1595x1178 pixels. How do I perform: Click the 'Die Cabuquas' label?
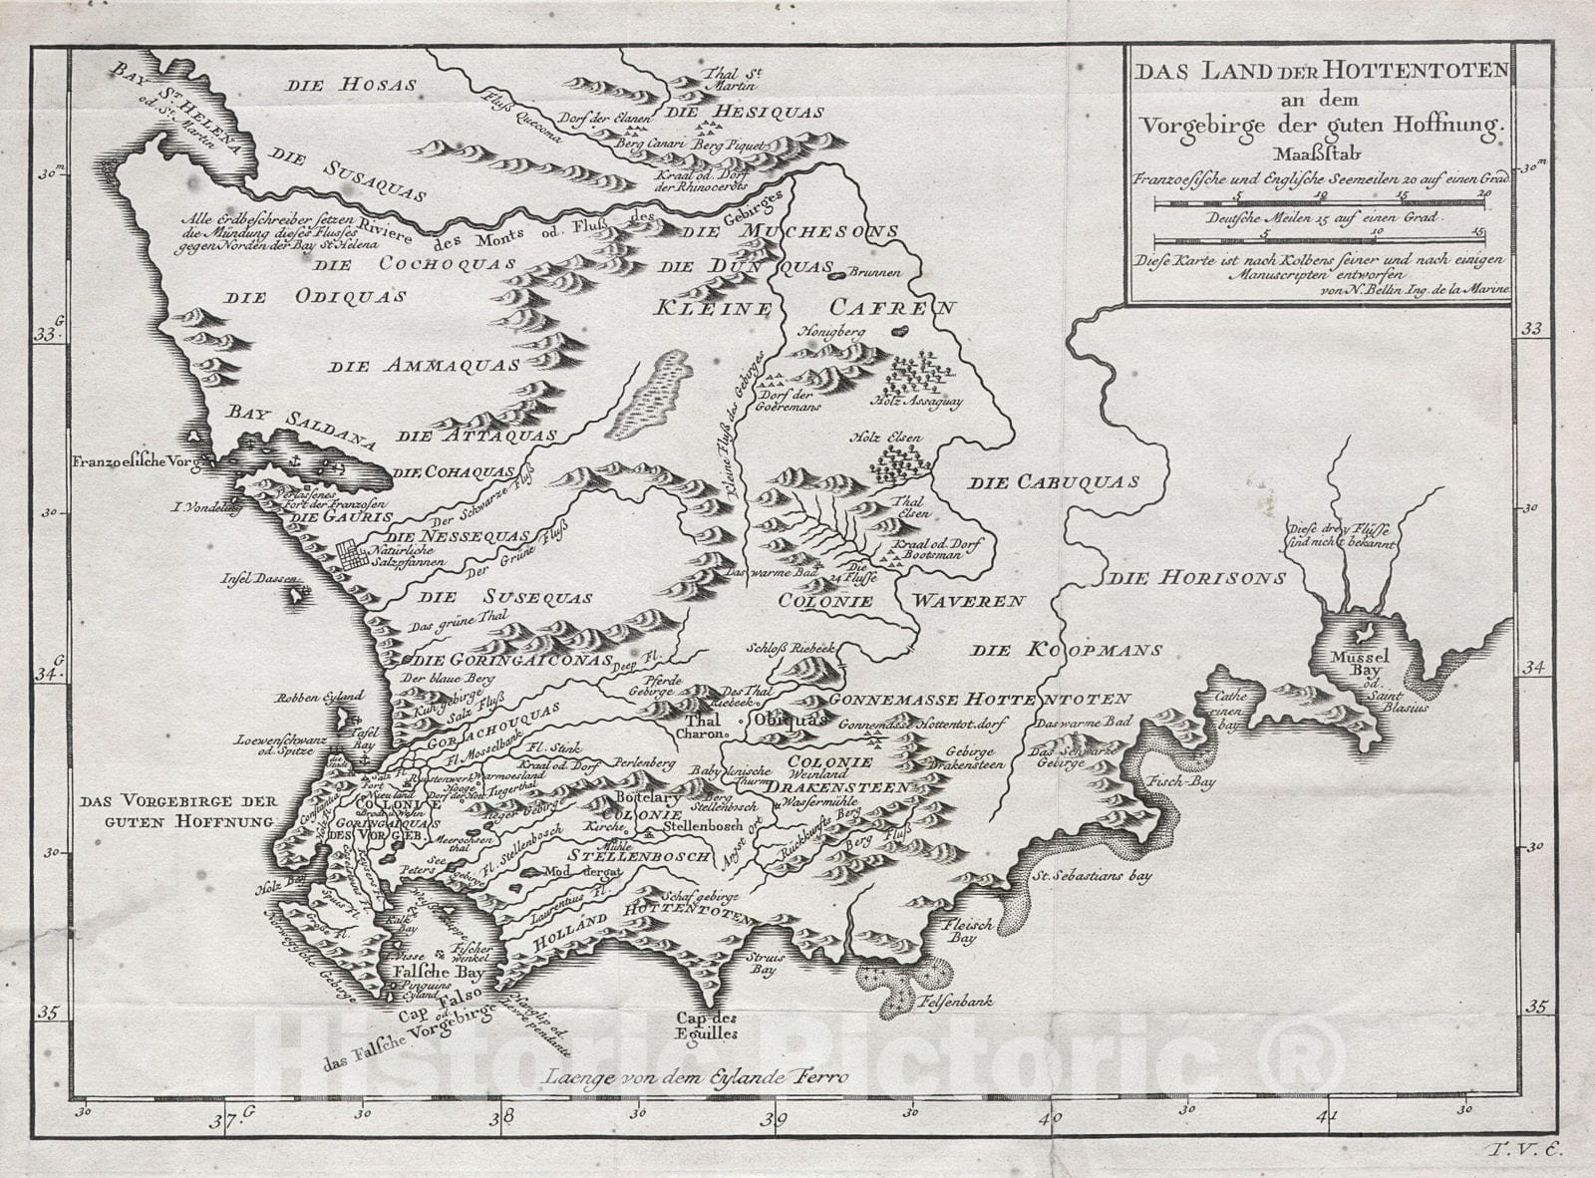(x=1054, y=482)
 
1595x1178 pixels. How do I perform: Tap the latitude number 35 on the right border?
(x=1537, y=1007)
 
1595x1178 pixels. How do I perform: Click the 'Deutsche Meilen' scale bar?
(x=1319, y=240)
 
